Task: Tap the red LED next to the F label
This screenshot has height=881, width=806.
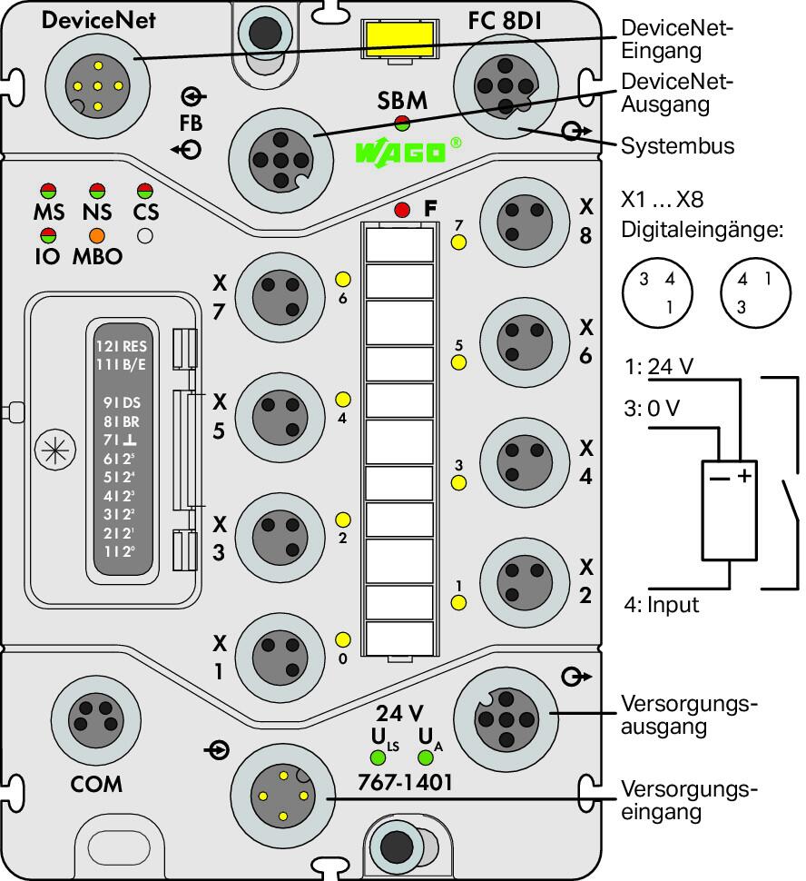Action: tap(402, 210)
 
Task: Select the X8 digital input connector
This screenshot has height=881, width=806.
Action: tap(525, 223)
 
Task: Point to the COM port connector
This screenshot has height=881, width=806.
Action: tap(95, 719)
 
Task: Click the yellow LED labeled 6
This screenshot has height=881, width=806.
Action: tap(342, 279)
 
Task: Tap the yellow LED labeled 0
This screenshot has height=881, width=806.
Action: tap(342, 639)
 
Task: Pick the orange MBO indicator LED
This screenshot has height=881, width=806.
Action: tap(96, 235)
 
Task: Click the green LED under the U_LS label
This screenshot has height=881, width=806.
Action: tap(378, 757)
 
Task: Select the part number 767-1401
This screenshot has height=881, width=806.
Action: tap(405, 782)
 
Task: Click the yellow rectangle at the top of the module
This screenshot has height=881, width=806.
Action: tap(399, 39)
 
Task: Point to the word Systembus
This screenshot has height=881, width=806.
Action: tap(677, 146)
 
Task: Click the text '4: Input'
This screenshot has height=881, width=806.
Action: tap(662, 605)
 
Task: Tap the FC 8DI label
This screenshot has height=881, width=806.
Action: tap(505, 21)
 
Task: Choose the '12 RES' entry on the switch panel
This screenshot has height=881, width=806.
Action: tap(122, 346)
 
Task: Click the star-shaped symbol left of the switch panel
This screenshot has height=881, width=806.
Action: tap(55, 450)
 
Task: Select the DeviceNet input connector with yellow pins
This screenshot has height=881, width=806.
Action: tap(98, 86)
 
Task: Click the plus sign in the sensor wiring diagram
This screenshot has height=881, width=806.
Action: tap(744, 476)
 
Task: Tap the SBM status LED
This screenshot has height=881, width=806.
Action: tap(402, 122)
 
